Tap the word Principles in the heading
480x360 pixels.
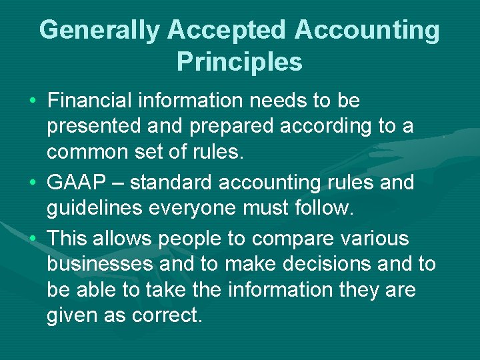click(239, 62)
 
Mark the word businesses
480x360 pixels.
click(100, 264)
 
